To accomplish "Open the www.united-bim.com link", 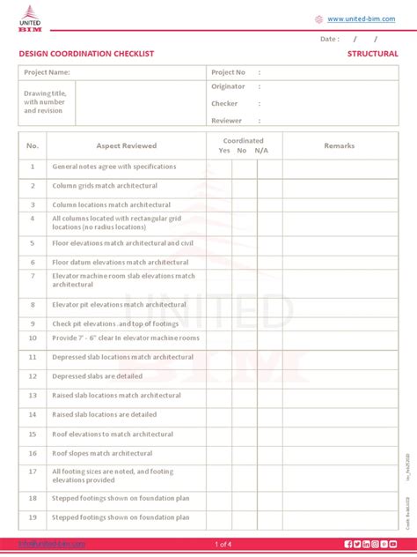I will coord(360,19).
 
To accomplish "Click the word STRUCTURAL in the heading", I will coord(372,54).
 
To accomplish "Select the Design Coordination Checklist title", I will coord(86,54).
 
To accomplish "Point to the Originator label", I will coord(228,86).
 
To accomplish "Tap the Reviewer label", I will coord(226,120).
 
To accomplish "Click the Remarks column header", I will coord(339,145).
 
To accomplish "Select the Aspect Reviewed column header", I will coord(127,145).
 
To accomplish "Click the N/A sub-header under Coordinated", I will coord(261,151).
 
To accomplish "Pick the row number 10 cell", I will coord(33,338).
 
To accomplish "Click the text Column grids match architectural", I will coord(105,186).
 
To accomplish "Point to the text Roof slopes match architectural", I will coord(102,453).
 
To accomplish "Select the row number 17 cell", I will coord(33,472).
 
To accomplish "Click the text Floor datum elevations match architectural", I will coord(121,262).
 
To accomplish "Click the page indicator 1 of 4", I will coord(223,544).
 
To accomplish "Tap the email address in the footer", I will coord(53,544).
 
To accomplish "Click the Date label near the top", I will coord(329,39).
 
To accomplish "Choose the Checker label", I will coord(224,103).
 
